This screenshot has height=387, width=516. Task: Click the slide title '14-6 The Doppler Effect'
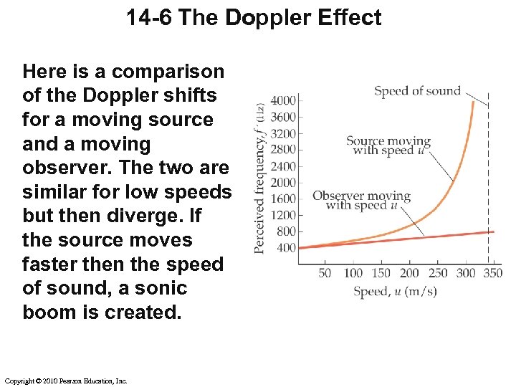pyautogui.click(x=254, y=17)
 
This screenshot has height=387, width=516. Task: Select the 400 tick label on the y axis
pyautogui.click(x=286, y=248)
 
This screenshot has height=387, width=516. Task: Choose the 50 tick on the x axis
pyautogui.click(x=325, y=273)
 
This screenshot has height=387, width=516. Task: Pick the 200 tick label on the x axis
pyautogui.click(x=409, y=273)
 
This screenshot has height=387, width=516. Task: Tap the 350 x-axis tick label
pyautogui.click(x=493, y=273)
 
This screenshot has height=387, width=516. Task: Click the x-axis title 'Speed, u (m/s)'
pyautogui.click(x=394, y=291)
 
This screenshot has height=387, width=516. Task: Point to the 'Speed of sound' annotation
pyautogui.click(x=417, y=91)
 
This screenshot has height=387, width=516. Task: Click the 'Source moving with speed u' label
pyautogui.click(x=388, y=145)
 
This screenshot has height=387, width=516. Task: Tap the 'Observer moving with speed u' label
pyautogui.click(x=361, y=201)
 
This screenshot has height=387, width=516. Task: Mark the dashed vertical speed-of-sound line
pyautogui.click(x=489, y=179)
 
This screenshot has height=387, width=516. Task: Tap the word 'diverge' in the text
pyautogui.click(x=155, y=216)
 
